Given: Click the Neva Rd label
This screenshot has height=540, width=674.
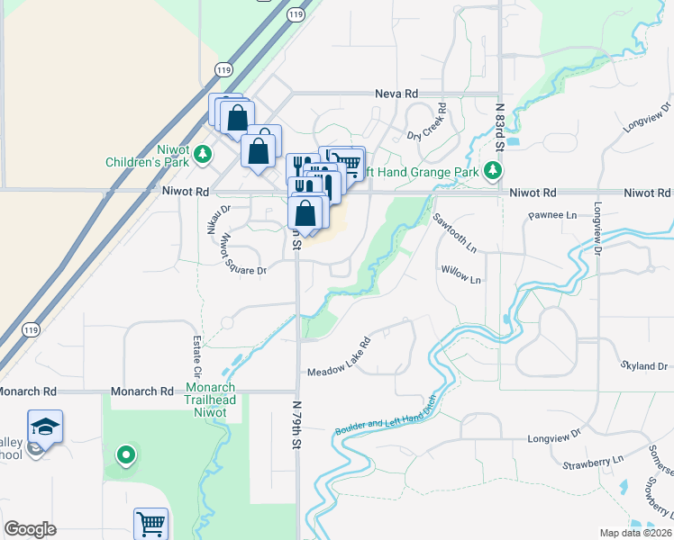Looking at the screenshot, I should (396, 93).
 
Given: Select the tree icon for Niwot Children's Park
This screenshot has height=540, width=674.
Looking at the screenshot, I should (205, 154).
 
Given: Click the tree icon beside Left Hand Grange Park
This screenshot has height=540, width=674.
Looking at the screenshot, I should (492, 169).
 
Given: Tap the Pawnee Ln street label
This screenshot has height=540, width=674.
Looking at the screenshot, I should (551, 215).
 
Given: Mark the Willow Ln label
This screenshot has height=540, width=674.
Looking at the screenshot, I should (460, 274).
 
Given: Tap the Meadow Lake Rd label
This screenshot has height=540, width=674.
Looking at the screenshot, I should (340, 357).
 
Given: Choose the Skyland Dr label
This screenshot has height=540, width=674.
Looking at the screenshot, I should (643, 366).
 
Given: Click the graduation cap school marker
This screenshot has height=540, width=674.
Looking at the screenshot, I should (45, 427).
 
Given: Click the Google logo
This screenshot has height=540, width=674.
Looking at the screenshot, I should (30, 528).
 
